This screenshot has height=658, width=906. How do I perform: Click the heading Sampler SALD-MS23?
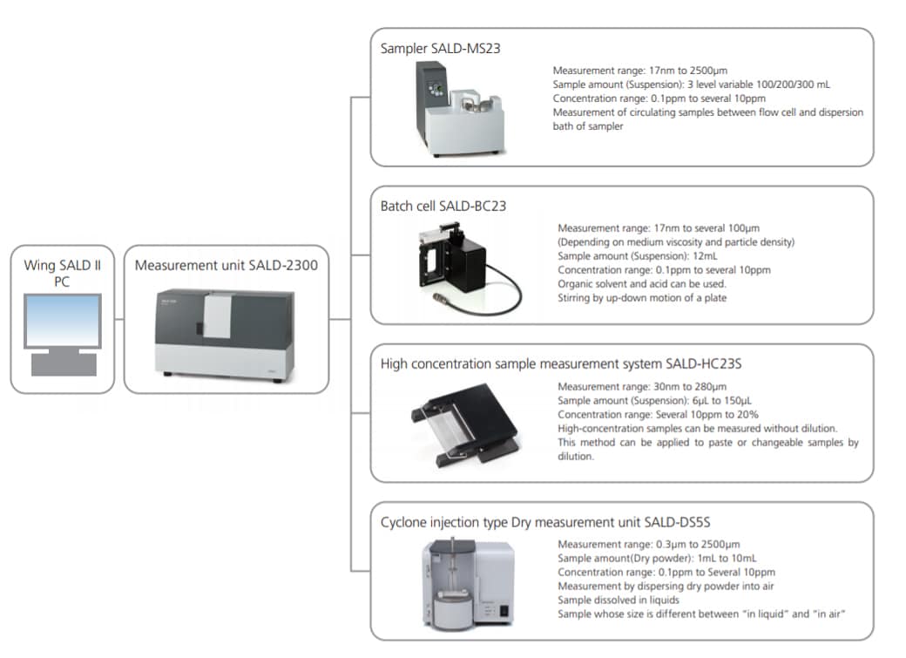[440, 49]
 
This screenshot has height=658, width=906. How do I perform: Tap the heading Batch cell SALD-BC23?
[443, 207]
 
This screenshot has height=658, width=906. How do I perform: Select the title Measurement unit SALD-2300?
[226, 265]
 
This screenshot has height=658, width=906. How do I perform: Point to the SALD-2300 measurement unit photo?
[225, 330]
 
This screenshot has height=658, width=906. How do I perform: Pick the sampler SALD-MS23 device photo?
[456, 110]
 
